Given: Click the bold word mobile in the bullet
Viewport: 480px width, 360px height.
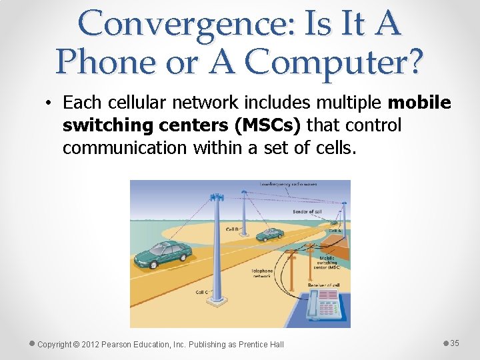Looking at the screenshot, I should point(419,103).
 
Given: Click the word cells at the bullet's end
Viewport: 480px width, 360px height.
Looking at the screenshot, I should point(335,147).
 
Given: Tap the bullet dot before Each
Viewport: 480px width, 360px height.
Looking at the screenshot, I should point(50,103).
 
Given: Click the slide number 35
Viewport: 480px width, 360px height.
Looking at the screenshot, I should point(455,343).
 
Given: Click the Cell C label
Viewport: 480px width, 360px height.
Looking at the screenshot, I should point(202,292).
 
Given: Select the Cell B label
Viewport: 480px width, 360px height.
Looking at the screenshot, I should point(233,228).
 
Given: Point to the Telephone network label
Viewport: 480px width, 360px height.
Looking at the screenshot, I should point(262,273).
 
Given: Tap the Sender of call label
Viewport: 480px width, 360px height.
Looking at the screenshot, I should point(307,211).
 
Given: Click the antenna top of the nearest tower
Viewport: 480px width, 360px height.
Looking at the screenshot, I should point(216,197).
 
